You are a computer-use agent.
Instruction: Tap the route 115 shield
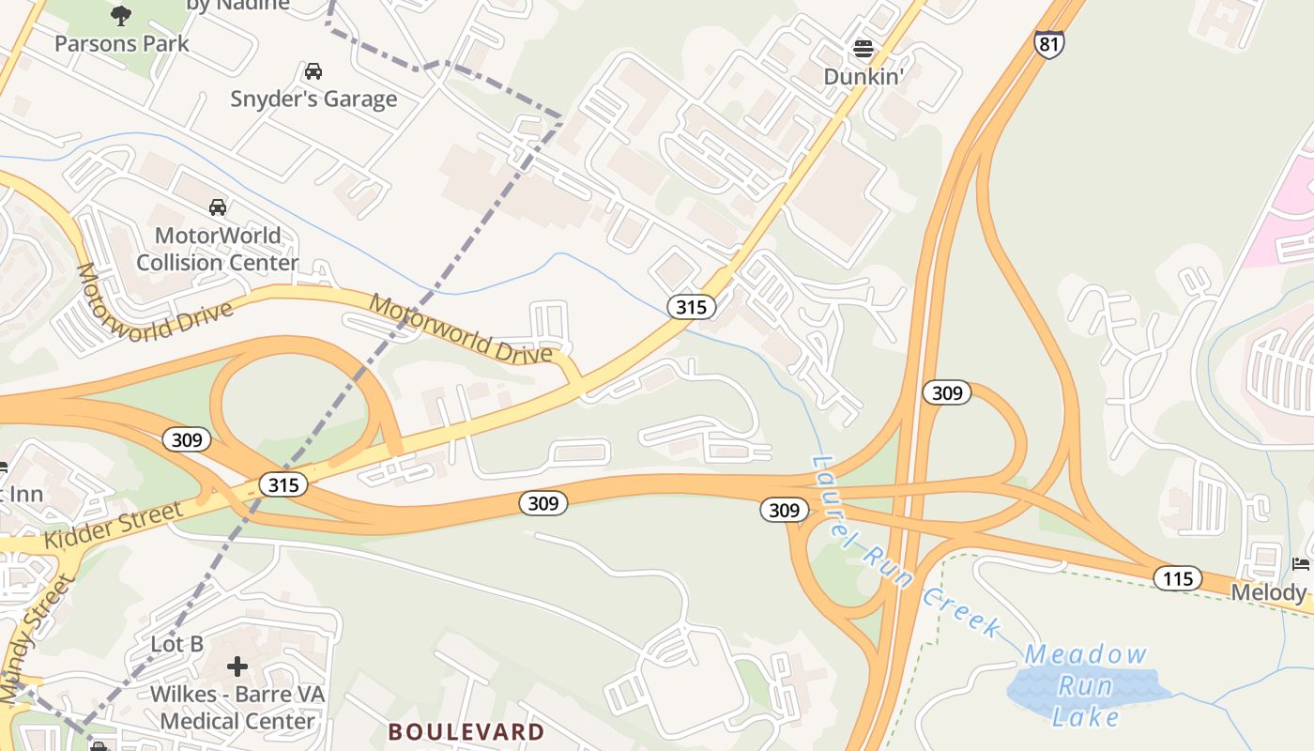(1177, 577)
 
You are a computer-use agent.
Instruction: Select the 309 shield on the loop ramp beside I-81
(946, 392)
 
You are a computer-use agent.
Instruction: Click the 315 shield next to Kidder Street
(283, 483)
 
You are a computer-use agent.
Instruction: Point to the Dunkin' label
(863, 76)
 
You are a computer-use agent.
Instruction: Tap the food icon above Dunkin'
(863, 48)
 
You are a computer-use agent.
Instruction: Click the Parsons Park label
(121, 43)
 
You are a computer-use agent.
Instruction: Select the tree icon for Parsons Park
(120, 14)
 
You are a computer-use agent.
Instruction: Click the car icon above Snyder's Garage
(313, 71)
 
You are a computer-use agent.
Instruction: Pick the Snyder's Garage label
(313, 99)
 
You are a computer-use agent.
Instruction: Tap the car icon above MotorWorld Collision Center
(218, 207)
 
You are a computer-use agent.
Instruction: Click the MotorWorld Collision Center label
(218, 249)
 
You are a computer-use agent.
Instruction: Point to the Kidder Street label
(113, 526)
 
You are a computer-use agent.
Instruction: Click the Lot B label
(177, 644)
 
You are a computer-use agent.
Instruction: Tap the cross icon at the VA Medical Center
(237, 667)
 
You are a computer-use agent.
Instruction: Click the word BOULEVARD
(466, 731)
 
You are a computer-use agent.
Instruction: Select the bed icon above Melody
(1301, 563)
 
